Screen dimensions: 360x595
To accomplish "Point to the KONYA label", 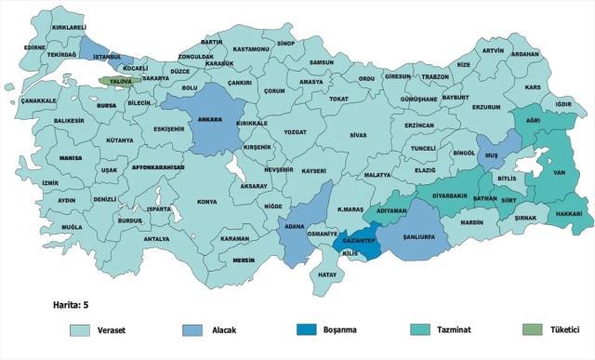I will (206, 201).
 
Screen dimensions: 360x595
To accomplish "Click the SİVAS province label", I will (358, 135).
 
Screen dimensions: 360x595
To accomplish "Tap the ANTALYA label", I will (156, 239).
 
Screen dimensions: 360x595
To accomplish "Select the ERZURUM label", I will (486, 107).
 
